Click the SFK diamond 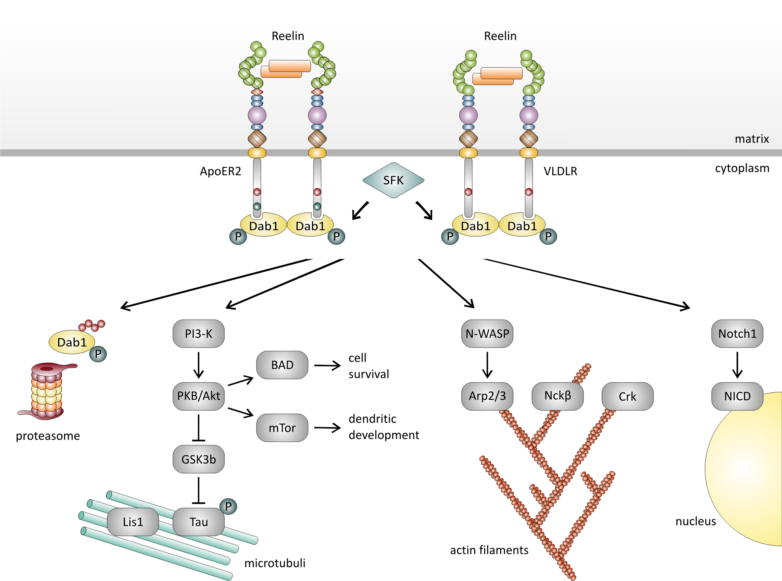(393, 180)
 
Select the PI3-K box (198, 334)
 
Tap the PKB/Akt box (198, 396)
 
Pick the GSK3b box (198, 459)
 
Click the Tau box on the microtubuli (198, 522)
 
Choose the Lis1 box (133, 522)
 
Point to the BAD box (282, 365)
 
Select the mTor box (282, 428)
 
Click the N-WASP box (487, 334)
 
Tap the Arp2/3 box (487, 396)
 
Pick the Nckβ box (557, 396)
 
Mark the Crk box (627, 396)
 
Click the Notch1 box (737, 334)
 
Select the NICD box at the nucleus (737, 396)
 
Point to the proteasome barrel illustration (47, 392)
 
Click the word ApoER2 (220, 171)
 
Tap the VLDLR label (560, 171)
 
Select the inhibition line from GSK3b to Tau (198, 491)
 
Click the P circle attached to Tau (228, 506)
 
